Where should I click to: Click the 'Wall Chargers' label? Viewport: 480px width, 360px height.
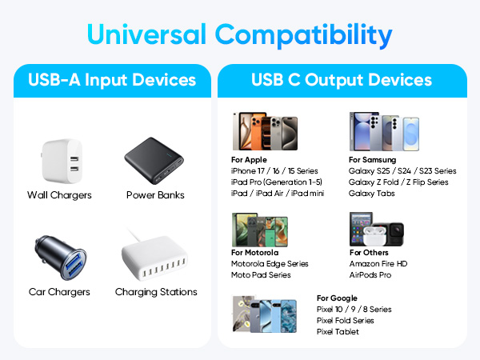pyautogui.click(x=59, y=195)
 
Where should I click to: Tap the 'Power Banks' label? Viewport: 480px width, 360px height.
pyautogui.click(x=155, y=195)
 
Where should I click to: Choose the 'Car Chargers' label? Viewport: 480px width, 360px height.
pyautogui.click(x=58, y=292)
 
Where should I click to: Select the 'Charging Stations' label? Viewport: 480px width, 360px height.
pyautogui.click(x=156, y=292)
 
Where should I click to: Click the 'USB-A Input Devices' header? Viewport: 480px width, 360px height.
pyautogui.click(x=112, y=80)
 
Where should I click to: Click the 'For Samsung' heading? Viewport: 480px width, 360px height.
pyautogui.click(x=369, y=160)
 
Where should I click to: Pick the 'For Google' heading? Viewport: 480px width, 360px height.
pyautogui.click(x=336, y=298)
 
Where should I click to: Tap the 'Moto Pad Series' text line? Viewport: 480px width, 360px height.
pyautogui.click(x=262, y=275)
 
